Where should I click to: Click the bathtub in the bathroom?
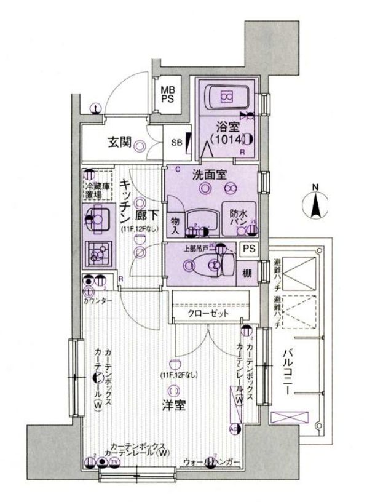(226, 96)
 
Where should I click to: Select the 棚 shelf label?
(248, 273)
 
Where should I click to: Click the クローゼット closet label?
(209, 313)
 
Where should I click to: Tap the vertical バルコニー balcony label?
(288, 374)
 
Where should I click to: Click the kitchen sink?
(97, 220)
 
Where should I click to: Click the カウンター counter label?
(98, 300)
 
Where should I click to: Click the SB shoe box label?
(176, 143)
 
